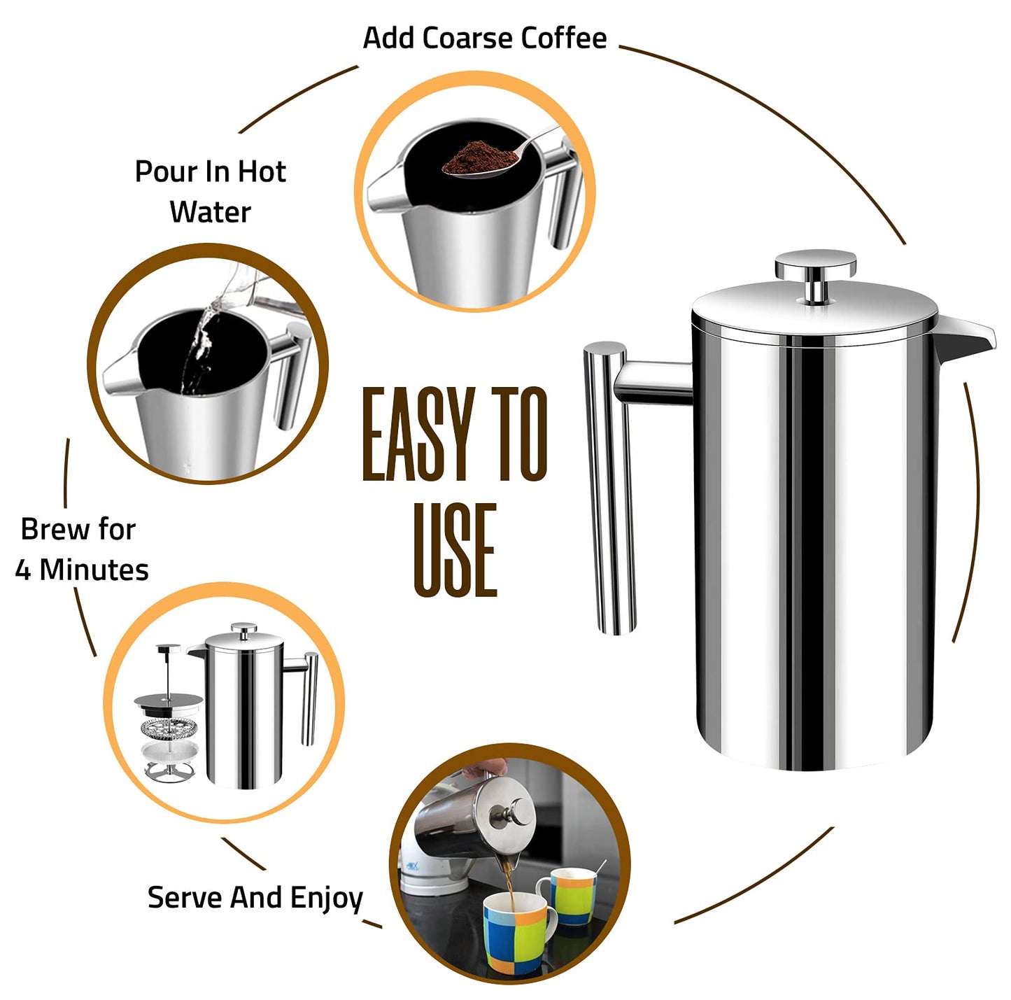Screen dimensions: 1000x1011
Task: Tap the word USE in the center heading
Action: pos(455,550)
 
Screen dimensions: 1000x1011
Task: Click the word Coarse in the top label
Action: pos(467,38)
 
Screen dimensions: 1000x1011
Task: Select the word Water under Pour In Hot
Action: pos(210,212)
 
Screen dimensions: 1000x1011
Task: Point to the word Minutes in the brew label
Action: pos(94,570)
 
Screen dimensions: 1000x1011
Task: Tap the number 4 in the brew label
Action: pos(23,570)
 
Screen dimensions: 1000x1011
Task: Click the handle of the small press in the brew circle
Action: pos(309,700)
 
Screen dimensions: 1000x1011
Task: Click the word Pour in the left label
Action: pos(158,171)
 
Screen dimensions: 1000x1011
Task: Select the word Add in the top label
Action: pos(388,38)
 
